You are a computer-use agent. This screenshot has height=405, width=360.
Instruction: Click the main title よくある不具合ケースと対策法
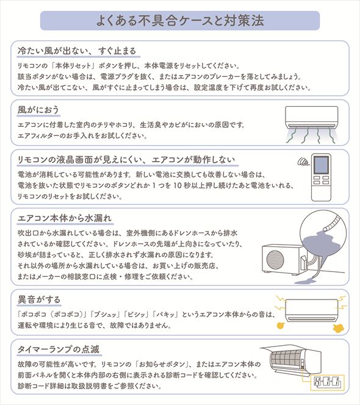pos(180,20)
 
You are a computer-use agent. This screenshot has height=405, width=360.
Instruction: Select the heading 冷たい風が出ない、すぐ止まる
pos(77,50)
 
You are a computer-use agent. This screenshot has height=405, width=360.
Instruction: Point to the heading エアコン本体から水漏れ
pos(65,217)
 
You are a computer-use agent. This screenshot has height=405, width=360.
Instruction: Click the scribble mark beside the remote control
pos(301,162)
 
